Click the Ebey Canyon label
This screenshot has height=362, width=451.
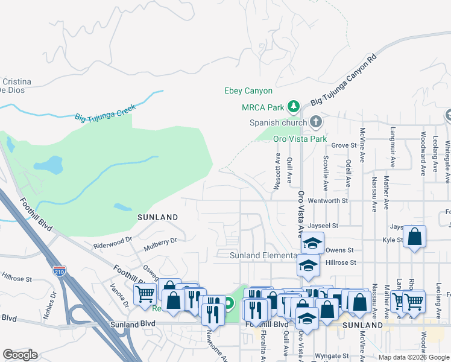click(x=248, y=91)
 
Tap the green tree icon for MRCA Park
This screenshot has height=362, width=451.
click(x=294, y=107)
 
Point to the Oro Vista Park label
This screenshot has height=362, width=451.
click(x=300, y=139)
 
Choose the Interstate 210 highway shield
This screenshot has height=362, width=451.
click(x=59, y=271)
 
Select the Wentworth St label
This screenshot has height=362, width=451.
click(x=328, y=200)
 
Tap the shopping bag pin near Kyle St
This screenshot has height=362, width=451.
click(x=415, y=238)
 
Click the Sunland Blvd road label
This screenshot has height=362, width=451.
click(x=133, y=324)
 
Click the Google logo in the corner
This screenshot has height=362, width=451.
click(x=20, y=354)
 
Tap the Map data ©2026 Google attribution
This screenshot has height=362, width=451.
click(x=413, y=357)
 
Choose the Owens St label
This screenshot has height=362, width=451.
click(x=339, y=250)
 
